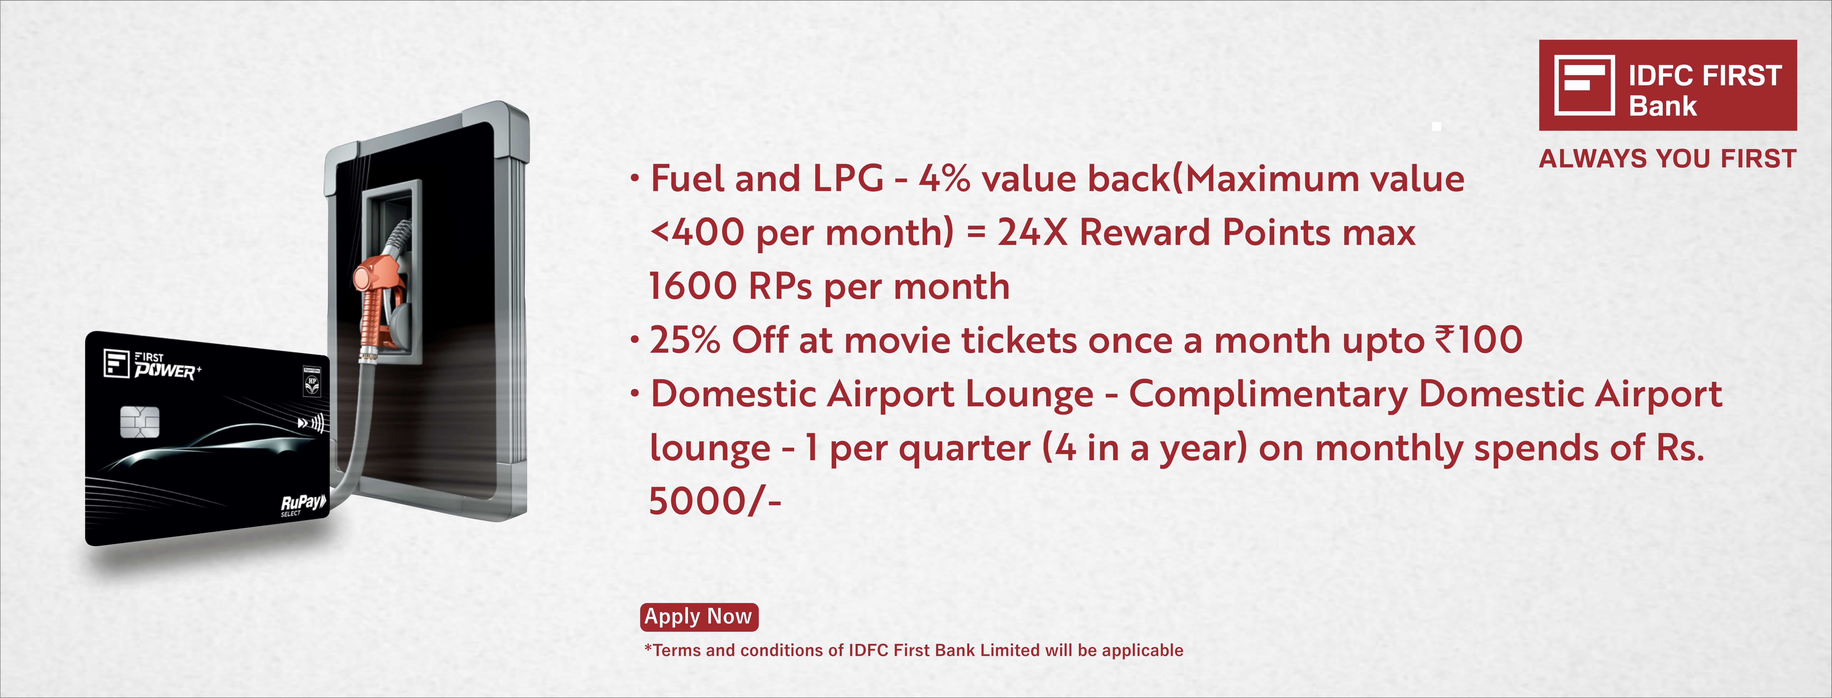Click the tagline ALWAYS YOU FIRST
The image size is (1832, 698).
pos(1668,159)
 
